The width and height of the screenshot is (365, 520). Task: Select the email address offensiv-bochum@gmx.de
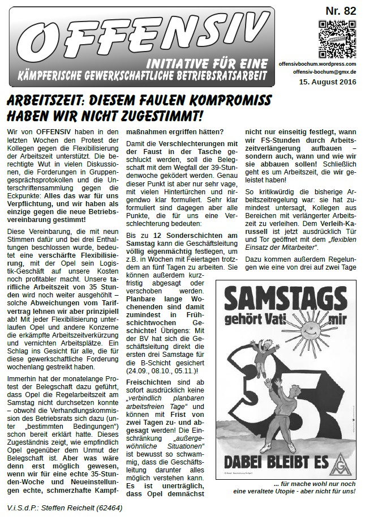click(x=325, y=73)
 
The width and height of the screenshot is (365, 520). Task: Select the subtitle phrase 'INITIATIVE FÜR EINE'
click(x=216, y=63)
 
